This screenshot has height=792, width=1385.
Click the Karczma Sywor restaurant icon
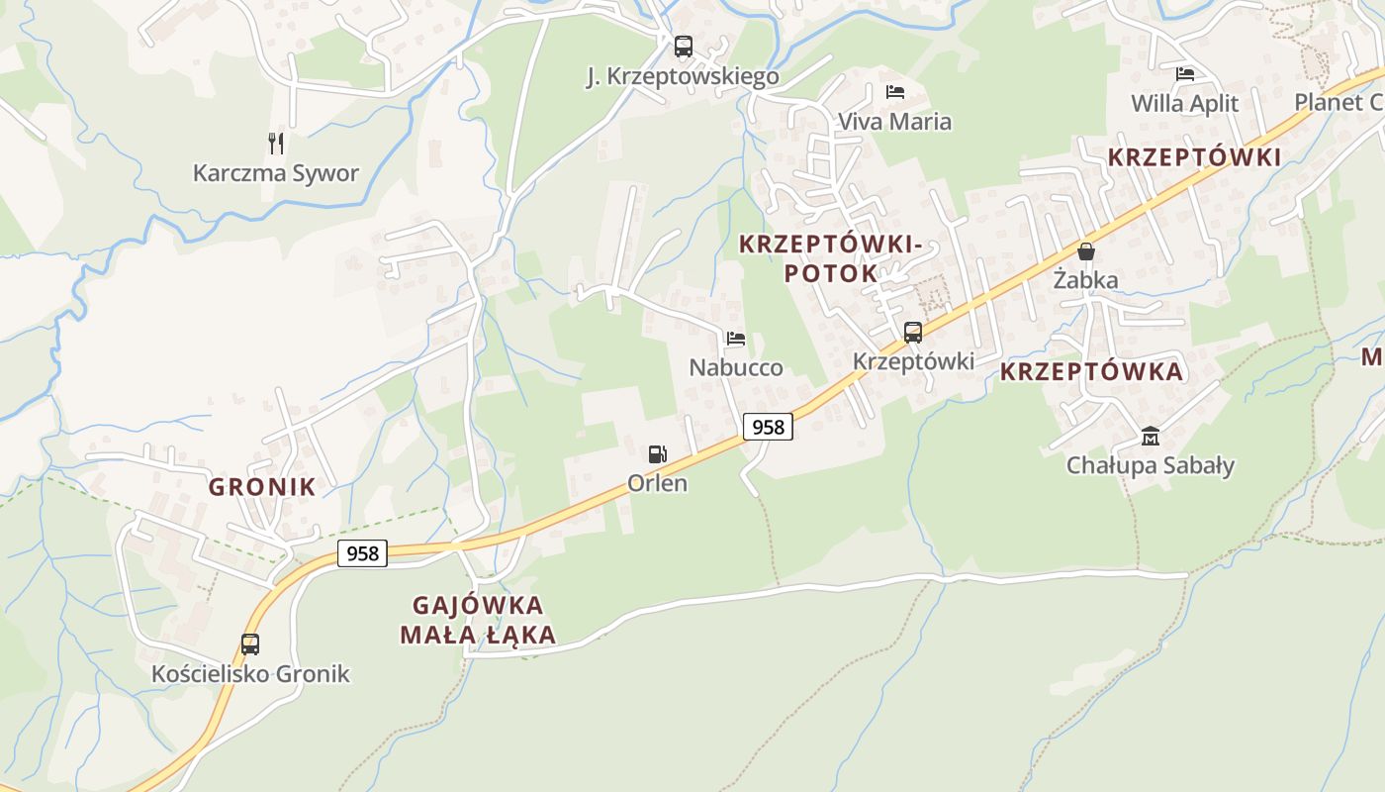276,144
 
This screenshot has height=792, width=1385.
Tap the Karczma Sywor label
276,173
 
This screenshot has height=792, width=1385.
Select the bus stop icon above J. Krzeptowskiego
683,47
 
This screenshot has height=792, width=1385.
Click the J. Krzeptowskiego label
683,76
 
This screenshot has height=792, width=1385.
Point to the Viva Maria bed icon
895,92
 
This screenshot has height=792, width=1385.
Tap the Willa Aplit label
1184,103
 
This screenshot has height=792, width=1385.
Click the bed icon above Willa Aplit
1184,73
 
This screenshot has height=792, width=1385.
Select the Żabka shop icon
1086,251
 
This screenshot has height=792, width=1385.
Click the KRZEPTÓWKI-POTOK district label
831,257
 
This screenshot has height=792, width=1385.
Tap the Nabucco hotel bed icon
735,339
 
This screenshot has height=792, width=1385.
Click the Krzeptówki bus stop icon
913,333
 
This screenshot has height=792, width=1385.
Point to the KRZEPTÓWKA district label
1091,371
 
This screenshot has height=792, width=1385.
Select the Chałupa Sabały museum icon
1150,436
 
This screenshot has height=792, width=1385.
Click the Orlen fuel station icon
657,454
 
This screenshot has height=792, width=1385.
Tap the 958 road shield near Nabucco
768,427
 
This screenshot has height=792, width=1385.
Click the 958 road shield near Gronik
362,553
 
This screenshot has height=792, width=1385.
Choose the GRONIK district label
262,486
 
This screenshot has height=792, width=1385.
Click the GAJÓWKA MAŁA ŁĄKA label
478,620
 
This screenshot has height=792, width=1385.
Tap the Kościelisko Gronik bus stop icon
250,644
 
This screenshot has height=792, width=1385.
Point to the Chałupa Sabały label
1150,465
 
